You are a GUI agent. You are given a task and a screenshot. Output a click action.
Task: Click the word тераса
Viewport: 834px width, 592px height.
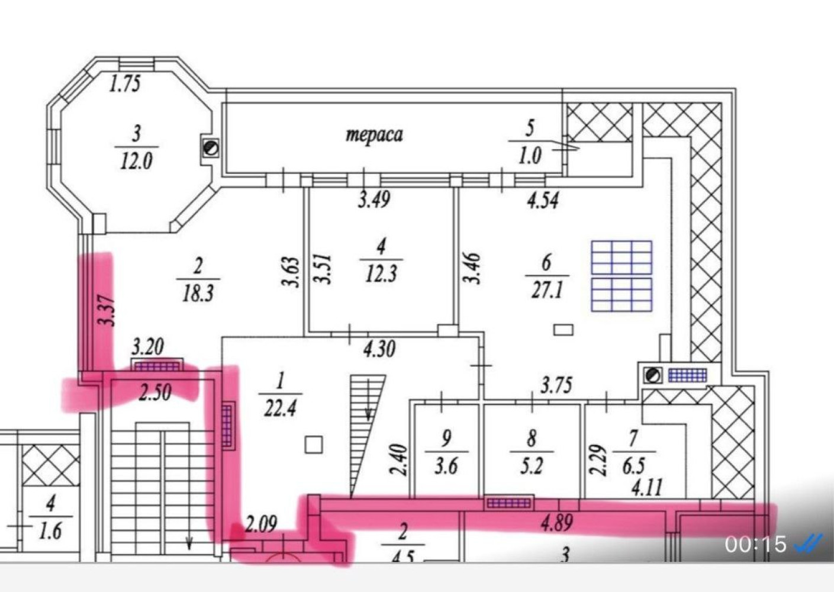pyautogui.click(x=374, y=134)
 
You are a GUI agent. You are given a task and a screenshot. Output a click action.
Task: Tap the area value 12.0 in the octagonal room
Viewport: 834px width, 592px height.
pyautogui.click(x=136, y=162)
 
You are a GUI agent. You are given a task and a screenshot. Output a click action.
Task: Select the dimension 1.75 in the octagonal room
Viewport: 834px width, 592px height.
pyautogui.click(x=125, y=83)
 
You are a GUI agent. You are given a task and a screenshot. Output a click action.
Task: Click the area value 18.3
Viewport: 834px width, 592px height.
pyautogui.click(x=198, y=294)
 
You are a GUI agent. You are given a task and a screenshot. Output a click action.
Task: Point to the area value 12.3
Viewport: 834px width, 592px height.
pyautogui.click(x=381, y=274)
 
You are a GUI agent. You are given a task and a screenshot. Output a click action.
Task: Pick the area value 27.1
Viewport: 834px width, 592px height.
pyautogui.click(x=547, y=290)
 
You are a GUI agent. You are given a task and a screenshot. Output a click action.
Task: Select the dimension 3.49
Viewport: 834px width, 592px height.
pyautogui.click(x=374, y=199)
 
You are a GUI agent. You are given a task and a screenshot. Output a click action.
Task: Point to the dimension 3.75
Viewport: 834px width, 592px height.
pyautogui.click(x=556, y=385)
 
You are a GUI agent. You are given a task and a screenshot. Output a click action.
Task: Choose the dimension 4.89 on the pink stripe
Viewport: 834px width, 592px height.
pyautogui.click(x=556, y=522)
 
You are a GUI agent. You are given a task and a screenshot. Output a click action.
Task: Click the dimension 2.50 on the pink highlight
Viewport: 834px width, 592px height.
pyautogui.click(x=155, y=392)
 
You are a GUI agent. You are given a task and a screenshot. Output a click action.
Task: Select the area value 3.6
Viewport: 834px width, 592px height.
pyautogui.click(x=446, y=466)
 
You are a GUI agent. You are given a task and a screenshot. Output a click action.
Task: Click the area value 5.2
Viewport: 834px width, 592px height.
pyautogui.click(x=532, y=466)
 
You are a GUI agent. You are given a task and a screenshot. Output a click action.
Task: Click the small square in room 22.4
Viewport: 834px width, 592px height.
pyautogui.click(x=314, y=445)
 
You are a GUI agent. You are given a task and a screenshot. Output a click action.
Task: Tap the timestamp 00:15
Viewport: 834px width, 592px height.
pyautogui.click(x=755, y=544)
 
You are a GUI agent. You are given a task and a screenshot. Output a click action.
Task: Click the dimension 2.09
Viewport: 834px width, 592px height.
pyautogui.click(x=260, y=524)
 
